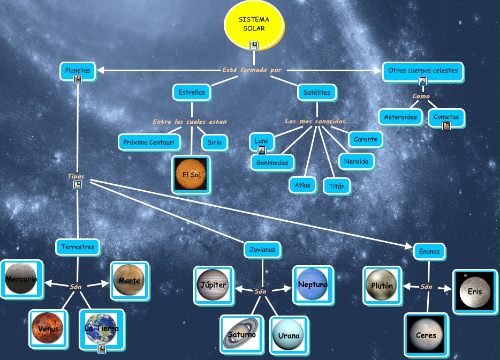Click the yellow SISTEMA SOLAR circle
click(251, 24)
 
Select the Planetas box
click(78, 70)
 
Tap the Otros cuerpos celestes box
click(422, 71)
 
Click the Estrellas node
click(191, 92)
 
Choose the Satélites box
click(317, 92)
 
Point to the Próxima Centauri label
click(149, 142)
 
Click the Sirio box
click(214, 142)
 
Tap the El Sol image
click(191, 175)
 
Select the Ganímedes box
click(272, 162)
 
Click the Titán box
click(337, 186)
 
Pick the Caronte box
click(366, 139)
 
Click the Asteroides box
click(400, 117)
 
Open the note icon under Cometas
click(446, 126)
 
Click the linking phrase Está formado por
click(251, 70)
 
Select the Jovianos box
click(262, 249)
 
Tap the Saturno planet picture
click(242, 334)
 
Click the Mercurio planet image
click(21, 279)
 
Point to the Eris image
click(474, 292)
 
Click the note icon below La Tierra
click(101, 349)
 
